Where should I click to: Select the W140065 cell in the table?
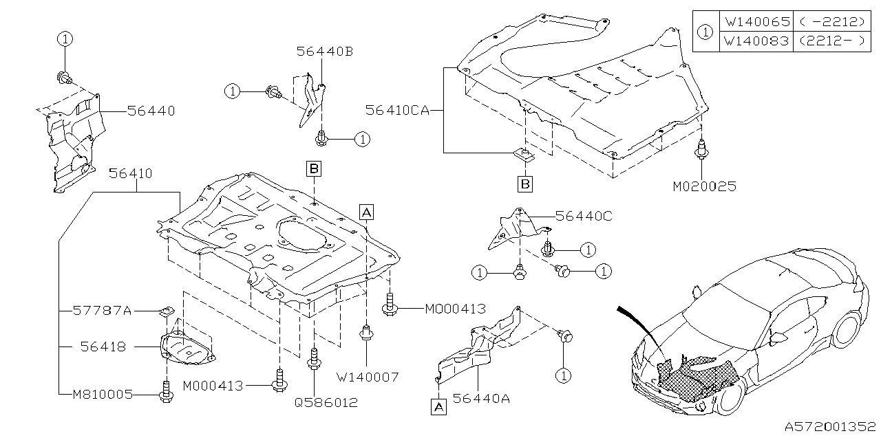[756, 22]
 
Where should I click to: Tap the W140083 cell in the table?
[756, 41]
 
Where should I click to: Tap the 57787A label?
[102, 311]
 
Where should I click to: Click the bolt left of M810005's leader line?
[165, 393]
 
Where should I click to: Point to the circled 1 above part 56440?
[64, 38]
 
